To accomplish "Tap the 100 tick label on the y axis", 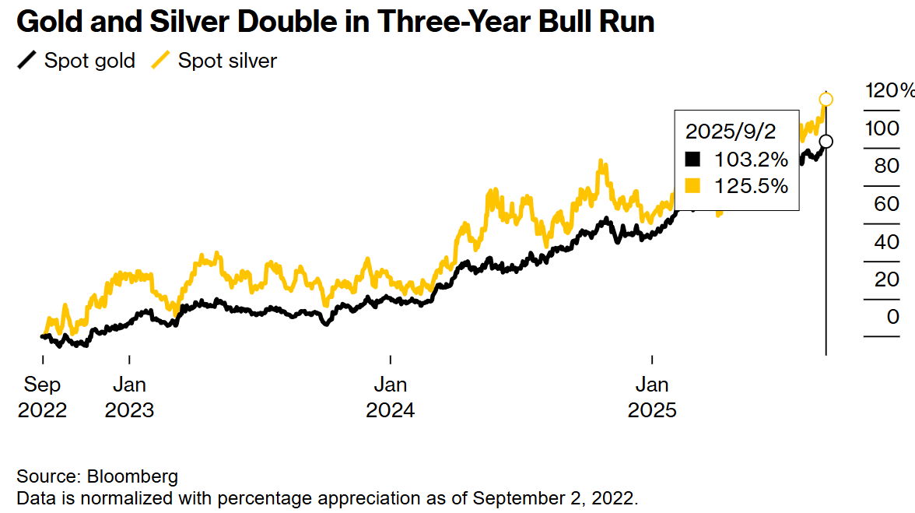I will click(882, 128).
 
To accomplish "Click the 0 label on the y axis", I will click(892, 317).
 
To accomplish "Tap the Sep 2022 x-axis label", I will click(42, 396).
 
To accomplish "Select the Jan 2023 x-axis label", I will click(129, 396).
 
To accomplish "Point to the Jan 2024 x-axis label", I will click(390, 396).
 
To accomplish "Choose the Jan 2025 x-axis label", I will click(651, 396).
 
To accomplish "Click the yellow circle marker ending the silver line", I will click(826, 99).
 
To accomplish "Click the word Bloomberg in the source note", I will click(132, 476).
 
